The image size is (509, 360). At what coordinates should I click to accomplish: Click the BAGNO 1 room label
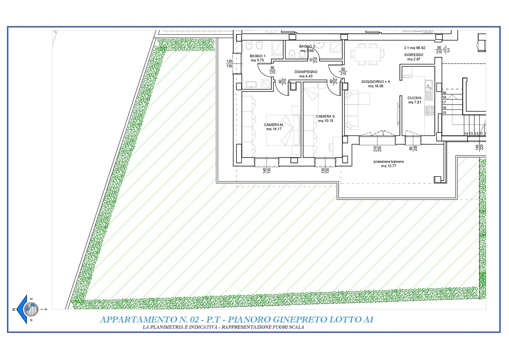(x=257, y=56)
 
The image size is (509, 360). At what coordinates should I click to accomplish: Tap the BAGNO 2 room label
(x=307, y=46)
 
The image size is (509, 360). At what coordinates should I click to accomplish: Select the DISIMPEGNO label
(x=306, y=72)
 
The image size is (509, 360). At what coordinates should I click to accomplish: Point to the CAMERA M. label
(x=274, y=125)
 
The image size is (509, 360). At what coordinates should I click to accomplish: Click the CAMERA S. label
(x=326, y=116)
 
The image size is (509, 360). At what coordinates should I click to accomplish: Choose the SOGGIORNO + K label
(x=376, y=82)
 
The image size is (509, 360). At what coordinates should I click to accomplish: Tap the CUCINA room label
(x=415, y=98)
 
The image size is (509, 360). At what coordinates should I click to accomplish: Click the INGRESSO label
(x=414, y=55)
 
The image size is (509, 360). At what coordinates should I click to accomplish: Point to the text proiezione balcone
(x=389, y=162)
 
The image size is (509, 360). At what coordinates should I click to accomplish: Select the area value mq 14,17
(x=274, y=129)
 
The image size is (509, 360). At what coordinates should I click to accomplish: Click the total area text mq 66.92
(x=418, y=48)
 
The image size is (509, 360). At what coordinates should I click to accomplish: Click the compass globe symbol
(x=31, y=309)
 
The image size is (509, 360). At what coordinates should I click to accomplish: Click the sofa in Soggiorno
(x=355, y=110)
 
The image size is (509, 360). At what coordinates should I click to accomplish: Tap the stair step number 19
(x=444, y=93)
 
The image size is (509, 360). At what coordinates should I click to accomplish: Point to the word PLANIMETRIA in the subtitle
(x=169, y=327)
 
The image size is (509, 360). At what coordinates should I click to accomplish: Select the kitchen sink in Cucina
(x=429, y=90)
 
